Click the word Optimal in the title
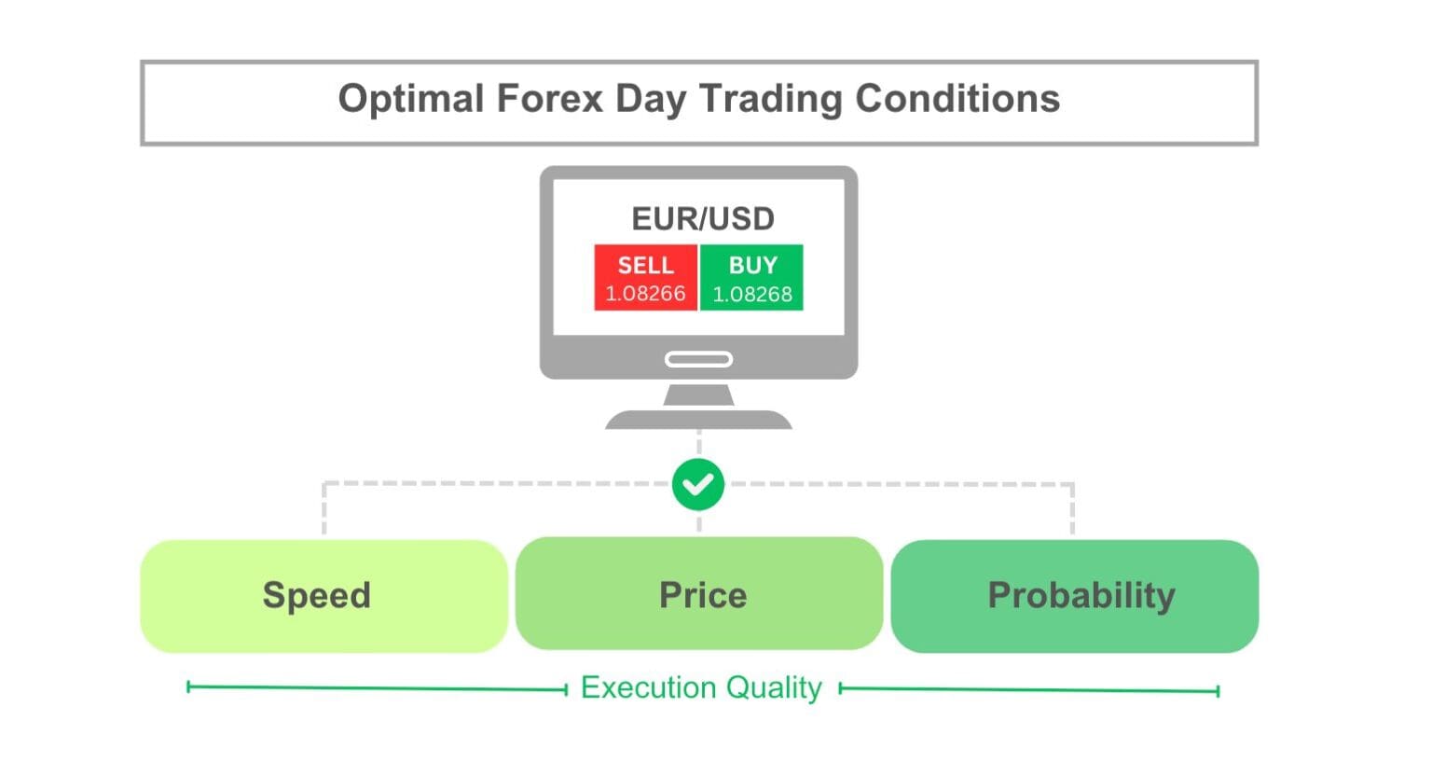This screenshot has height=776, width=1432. [411, 99]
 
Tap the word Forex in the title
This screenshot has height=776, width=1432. [549, 99]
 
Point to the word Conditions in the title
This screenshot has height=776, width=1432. [957, 99]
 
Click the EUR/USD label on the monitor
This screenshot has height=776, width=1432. [703, 219]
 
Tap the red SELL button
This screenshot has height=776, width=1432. [645, 266]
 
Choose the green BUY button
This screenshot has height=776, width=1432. [752, 266]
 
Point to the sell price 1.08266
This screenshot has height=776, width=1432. [645, 294]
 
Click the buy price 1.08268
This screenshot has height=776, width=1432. [752, 295]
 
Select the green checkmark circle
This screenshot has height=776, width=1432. [698, 485]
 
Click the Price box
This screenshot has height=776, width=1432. [699, 594]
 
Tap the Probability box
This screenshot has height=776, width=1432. [1075, 595]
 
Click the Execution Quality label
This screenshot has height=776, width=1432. [701, 688]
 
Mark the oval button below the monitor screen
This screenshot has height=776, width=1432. [698, 359]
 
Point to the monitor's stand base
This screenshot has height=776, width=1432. [698, 420]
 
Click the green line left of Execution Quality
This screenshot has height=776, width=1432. [377, 688]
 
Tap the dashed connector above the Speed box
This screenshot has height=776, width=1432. [324, 508]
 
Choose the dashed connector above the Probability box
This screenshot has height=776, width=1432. [1073, 508]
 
